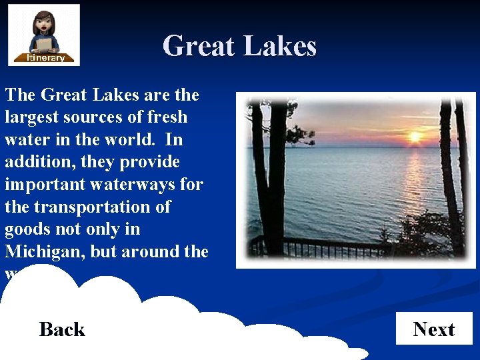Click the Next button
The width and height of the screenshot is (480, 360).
point(434,329)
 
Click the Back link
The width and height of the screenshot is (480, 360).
point(62,329)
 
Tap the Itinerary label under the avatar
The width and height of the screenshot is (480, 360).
point(45,58)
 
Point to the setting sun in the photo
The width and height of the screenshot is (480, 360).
point(415,137)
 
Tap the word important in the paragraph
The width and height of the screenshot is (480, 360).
point(46,184)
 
